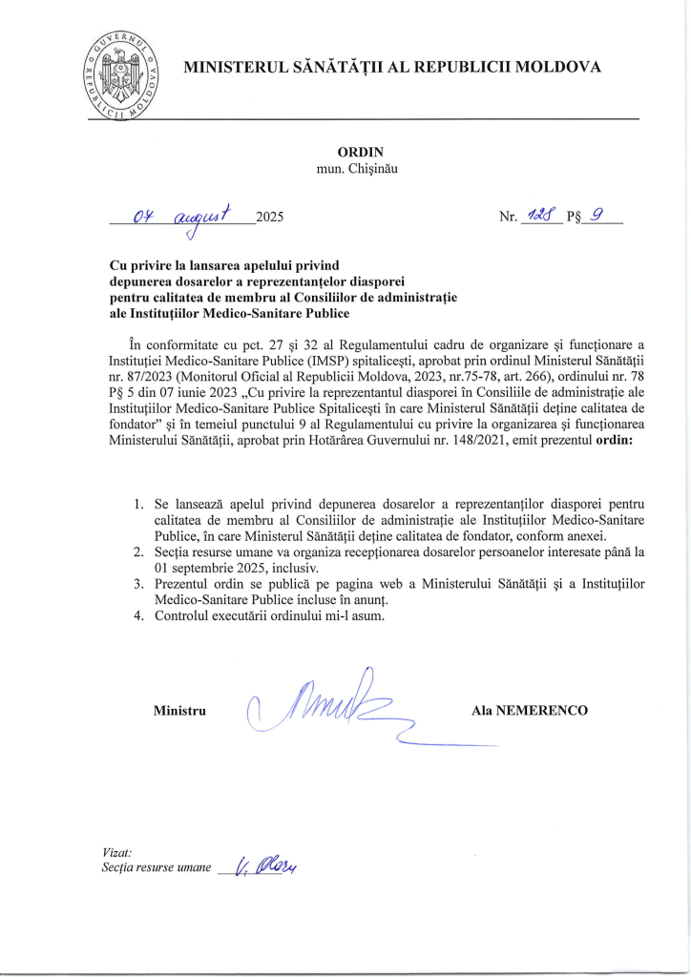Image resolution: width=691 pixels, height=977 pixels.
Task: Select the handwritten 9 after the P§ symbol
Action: coord(598,216)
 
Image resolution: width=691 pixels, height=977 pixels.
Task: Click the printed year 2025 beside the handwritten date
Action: coord(271,218)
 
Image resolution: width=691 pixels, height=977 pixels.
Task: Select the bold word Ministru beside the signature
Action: coord(180,711)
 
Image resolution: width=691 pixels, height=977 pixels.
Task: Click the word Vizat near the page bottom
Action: coord(116,851)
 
